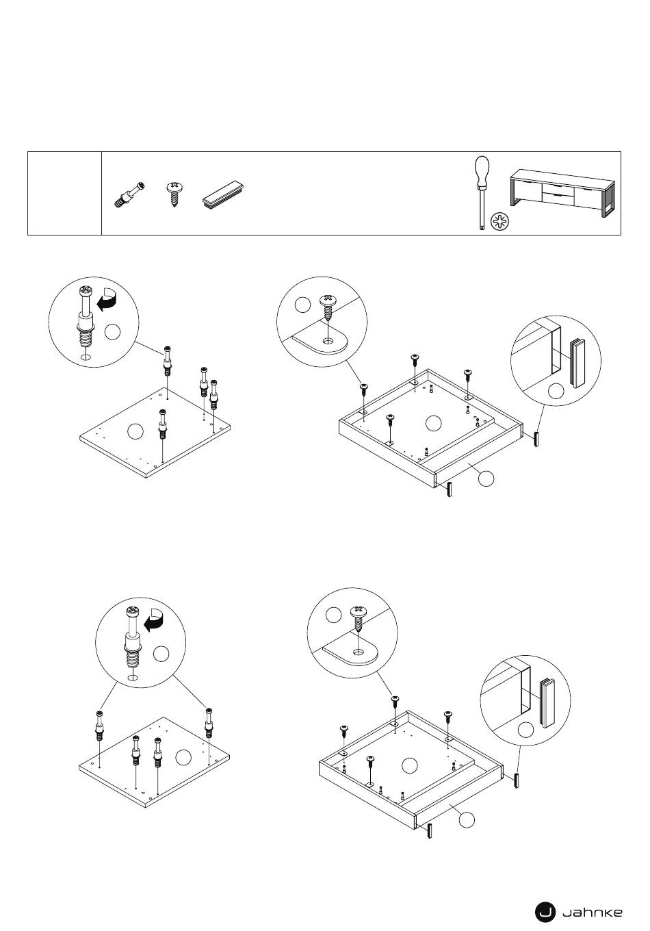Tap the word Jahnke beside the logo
[592, 912]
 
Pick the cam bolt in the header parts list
[129, 194]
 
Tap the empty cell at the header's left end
[64, 194]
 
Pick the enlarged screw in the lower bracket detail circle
[358, 619]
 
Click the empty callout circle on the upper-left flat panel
[136, 431]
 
